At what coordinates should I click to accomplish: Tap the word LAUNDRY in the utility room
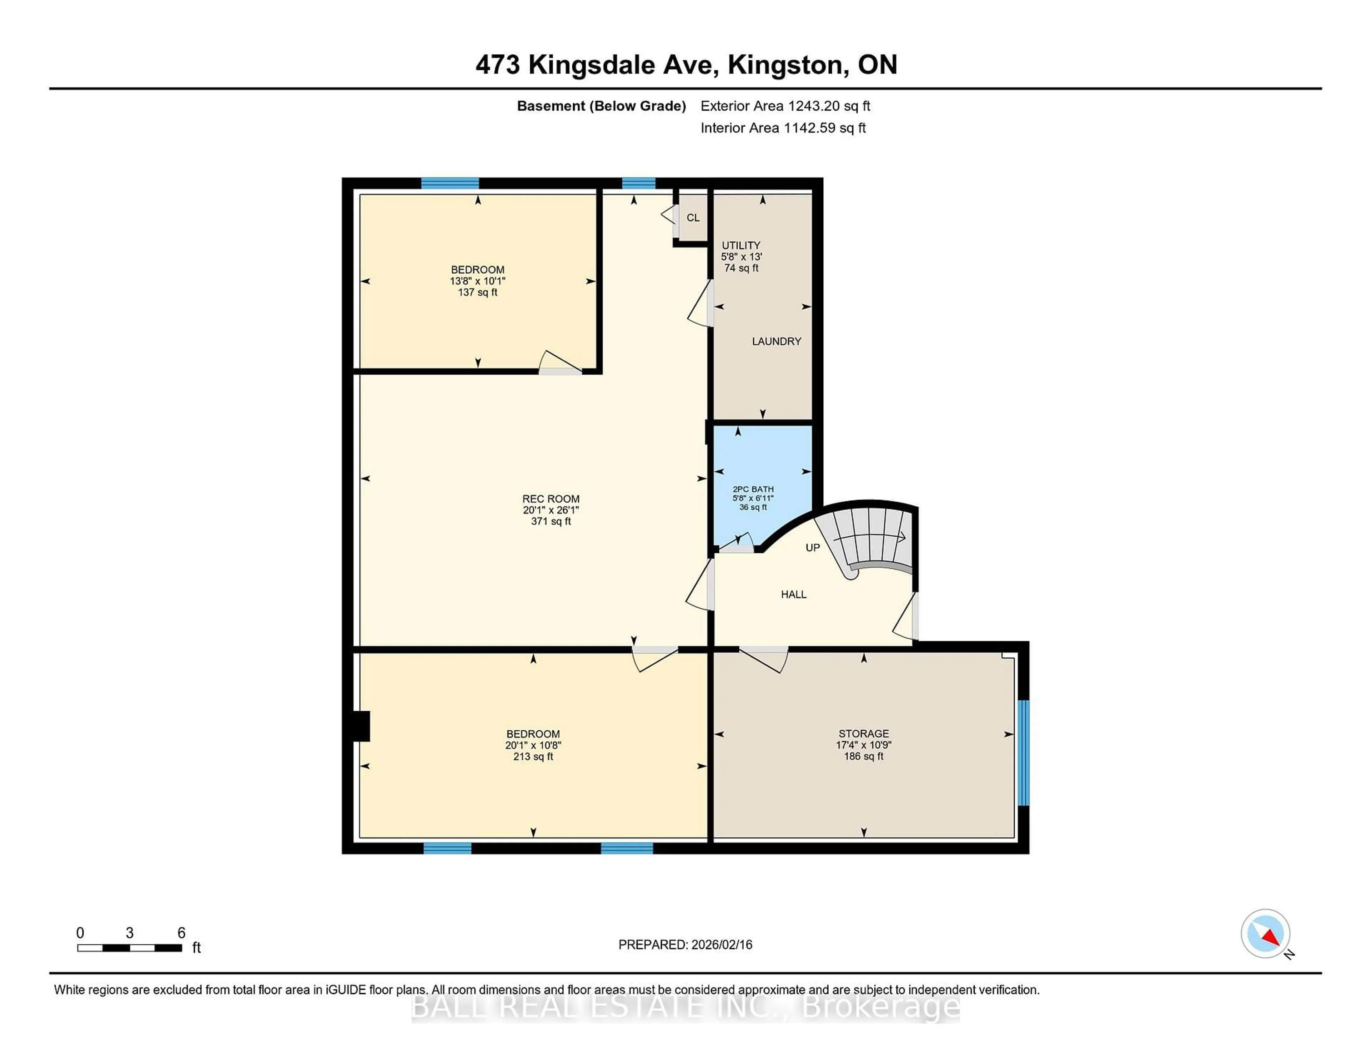pyautogui.click(x=777, y=341)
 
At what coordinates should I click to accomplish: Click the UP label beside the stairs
pyautogui.click(x=812, y=548)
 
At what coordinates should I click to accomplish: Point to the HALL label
pyautogui.click(x=793, y=594)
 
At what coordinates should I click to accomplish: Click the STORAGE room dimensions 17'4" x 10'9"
pyautogui.click(x=863, y=745)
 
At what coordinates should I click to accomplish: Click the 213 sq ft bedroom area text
pyautogui.click(x=533, y=757)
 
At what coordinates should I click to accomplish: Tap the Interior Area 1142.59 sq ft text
pyautogui.click(x=783, y=128)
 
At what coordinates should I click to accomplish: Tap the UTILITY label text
pyautogui.click(x=741, y=245)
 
